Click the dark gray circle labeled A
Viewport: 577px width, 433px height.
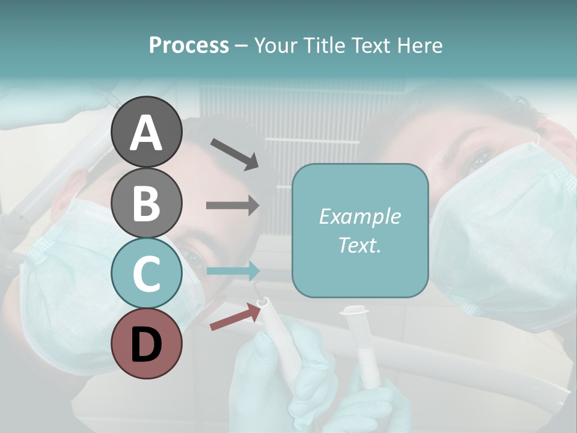[147, 132]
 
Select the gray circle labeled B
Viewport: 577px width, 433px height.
[147, 203]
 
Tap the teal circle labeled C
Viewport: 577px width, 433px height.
[147, 273]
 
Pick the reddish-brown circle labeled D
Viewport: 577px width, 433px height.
[147, 344]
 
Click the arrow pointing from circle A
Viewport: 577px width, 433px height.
[234, 154]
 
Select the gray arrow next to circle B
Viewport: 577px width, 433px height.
[233, 206]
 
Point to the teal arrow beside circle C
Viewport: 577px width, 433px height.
[233, 271]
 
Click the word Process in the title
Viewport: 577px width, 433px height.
[189, 45]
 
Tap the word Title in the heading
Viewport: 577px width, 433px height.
[325, 45]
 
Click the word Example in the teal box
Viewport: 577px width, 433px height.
[360, 216]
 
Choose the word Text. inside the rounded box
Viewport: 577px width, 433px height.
[360, 245]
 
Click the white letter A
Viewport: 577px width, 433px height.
[147, 134]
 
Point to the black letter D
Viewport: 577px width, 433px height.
[147, 345]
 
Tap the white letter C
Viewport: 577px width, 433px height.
[147, 274]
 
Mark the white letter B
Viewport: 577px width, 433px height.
[147, 203]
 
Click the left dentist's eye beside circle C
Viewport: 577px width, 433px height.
[194, 259]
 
